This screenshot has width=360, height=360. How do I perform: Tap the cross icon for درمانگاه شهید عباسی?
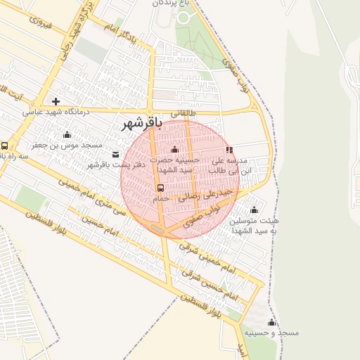tap(56, 101)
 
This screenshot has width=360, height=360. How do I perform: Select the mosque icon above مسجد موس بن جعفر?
tap(67, 134)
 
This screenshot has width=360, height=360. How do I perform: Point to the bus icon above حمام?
tap(160, 188)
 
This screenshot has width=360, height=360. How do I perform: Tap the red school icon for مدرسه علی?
tap(229, 150)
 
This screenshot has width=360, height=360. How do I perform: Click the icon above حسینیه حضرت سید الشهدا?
tap(174, 149)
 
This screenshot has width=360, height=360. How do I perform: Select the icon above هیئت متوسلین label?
tap(254, 210)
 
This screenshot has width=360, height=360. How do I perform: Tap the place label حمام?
tap(161, 200)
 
